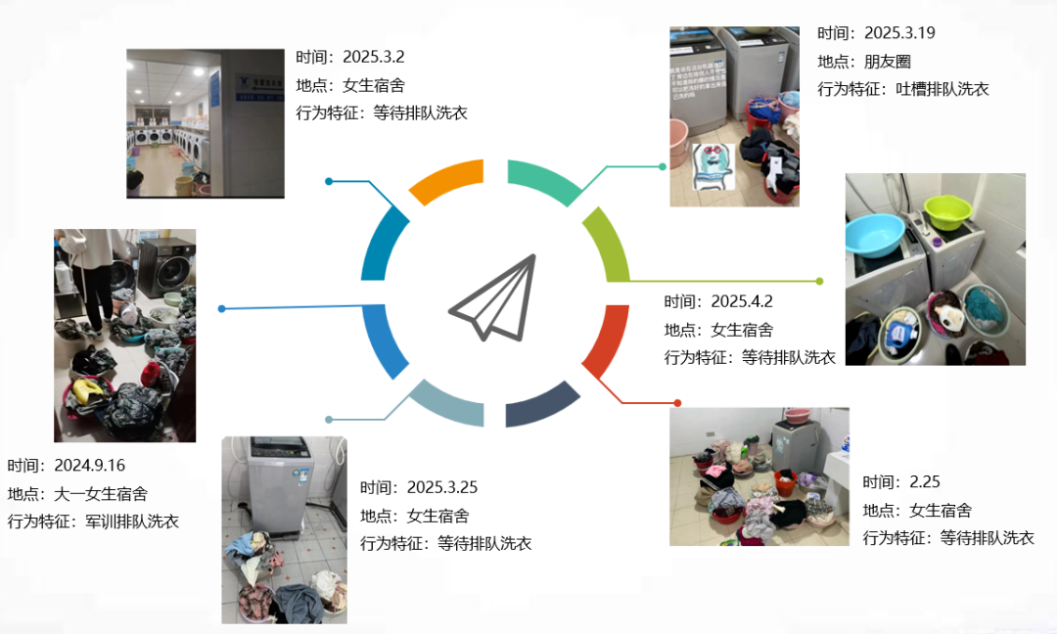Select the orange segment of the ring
coord(446,181)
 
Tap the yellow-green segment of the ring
coord(607,245)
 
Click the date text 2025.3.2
coord(373,57)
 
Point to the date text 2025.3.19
coord(899,33)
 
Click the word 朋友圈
coord(888,61)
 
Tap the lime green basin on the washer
coord(946,211)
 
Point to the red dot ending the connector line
coord(677,403)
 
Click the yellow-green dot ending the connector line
coord(820,281)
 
